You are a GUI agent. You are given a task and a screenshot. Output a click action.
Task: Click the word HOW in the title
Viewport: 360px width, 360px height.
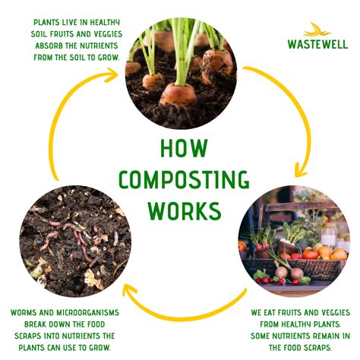pyautogui.click(x=179, y=148)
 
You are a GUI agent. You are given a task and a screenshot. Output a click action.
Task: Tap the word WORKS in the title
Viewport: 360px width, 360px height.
pyautogui.click(x=179, y=210)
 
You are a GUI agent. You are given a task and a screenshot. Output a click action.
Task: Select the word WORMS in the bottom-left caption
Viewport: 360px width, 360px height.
pyautogui.click(x=28, y=312)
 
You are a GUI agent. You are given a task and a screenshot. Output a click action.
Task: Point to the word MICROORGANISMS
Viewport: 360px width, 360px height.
pyautogui.click(x=88, y=312)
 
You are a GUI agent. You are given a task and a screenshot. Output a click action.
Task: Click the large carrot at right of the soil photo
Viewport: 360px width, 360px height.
pyautogui.click(x=218, y=65)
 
